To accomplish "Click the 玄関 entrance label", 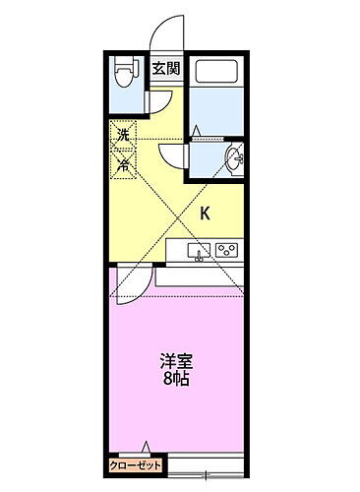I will point(164,68).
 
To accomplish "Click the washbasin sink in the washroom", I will point(235,159).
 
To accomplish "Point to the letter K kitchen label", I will point(206,213).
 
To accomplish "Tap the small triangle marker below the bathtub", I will point(197,131).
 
